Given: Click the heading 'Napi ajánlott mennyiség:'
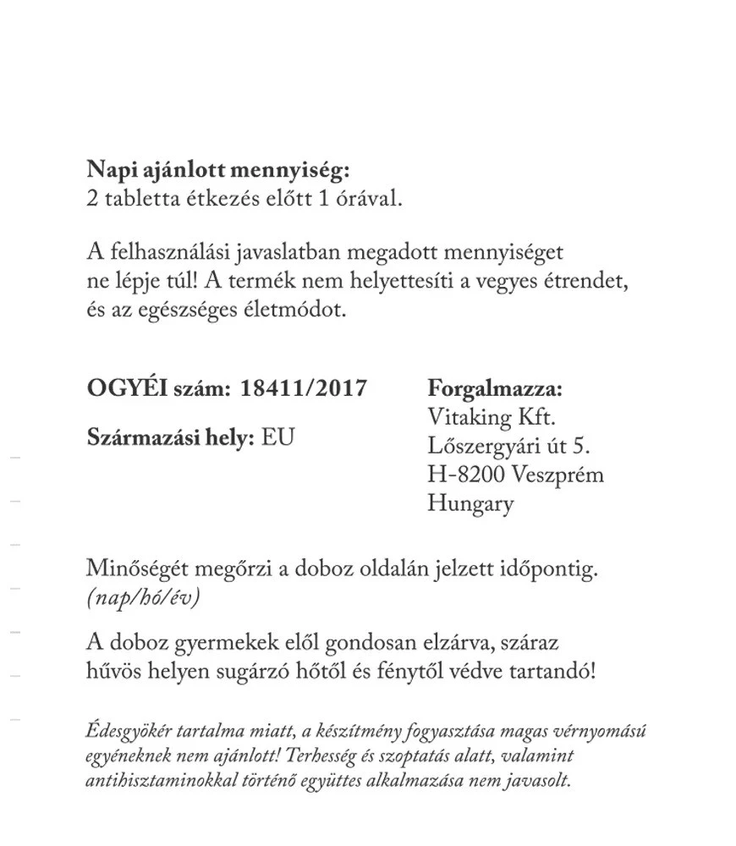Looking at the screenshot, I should point(218,171).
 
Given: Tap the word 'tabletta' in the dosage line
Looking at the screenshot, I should point(138,200).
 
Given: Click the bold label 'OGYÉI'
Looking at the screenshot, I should point(126,388).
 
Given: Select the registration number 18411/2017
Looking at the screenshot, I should point(304,388).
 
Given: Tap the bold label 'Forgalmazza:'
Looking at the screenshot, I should point(495,389).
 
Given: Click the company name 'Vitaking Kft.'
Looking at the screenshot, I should point(492,418).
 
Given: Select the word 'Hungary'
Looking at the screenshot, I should point(470,504).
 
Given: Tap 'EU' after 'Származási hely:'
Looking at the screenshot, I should point(278,439).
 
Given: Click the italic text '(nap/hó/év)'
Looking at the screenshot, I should point(142,597).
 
